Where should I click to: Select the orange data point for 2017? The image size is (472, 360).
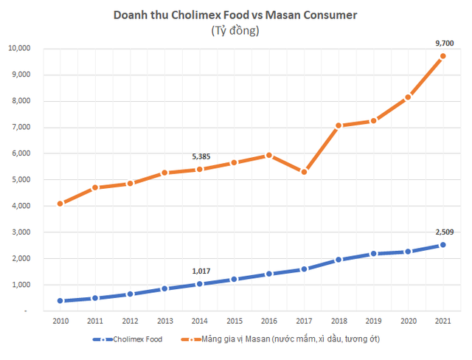(x=304, y=172)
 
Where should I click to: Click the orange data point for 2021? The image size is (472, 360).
(x=442, y=56)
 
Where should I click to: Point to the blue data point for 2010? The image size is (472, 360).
(x=60, y=301)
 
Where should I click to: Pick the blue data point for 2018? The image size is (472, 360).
(x=339, y=260)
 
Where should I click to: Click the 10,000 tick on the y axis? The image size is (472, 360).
(x=28, y=49)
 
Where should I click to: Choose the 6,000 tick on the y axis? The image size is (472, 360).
(x=30, y=153)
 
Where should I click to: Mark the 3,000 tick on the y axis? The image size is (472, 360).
(x=30, y=232)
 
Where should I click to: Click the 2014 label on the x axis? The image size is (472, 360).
(x=199, y=322)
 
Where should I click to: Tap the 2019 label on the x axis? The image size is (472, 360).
(x=373, y=322)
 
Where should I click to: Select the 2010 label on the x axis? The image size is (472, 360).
(x=60, y=322)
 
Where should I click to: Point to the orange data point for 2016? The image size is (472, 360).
(x=269, y=155)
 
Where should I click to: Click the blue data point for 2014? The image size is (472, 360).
(x=199, y=284)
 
